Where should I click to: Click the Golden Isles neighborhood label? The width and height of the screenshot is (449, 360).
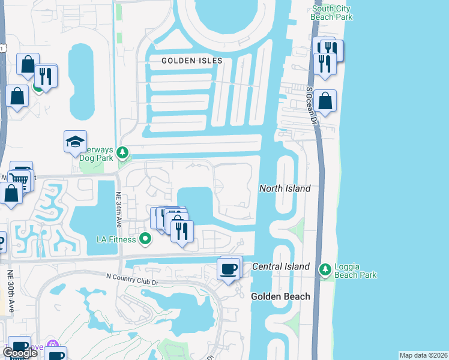[x=192, y=61]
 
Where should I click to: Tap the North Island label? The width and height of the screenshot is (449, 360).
[x=285, y=188]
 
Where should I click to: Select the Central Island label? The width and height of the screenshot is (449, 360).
[x=280, y=266]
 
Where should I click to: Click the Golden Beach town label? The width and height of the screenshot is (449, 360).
[x=280, y=296]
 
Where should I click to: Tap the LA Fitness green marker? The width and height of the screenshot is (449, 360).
[x=145, y=239]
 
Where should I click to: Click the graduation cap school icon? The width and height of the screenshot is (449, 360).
[x=75, y=142]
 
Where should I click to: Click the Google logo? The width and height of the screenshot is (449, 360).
[x=20, y=353]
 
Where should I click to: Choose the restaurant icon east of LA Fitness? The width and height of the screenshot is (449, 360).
[x=182, y=230]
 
